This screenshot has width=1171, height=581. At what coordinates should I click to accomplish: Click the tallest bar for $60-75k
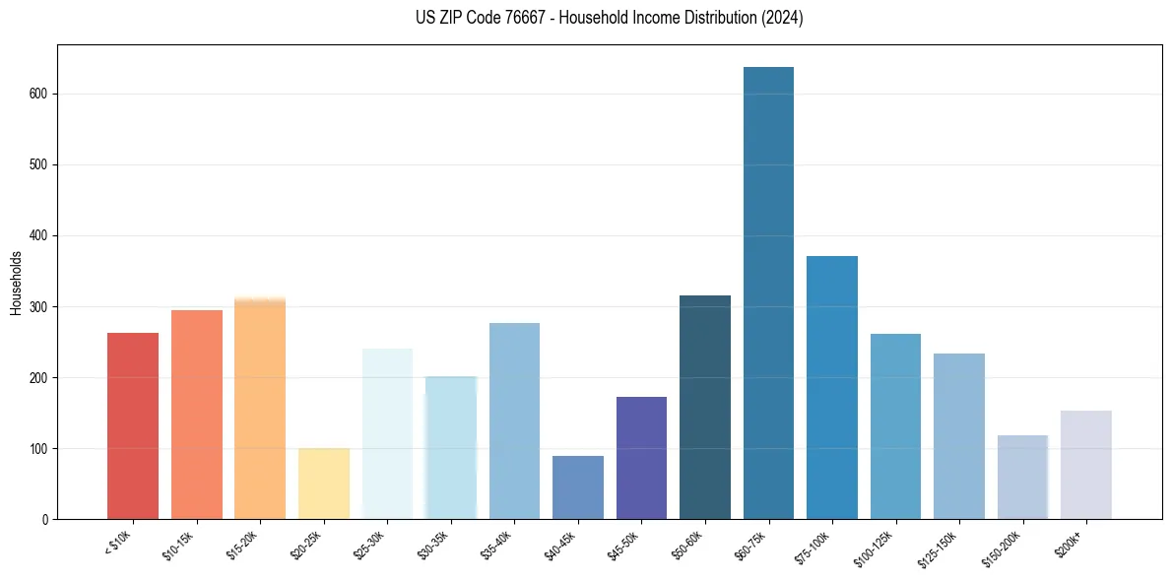pos(768,295)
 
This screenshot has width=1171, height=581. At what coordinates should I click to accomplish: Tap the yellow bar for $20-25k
pos(324,484)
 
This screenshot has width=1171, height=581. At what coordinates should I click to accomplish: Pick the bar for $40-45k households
pos(578,487)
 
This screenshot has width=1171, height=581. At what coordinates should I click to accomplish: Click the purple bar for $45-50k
pos(641,458)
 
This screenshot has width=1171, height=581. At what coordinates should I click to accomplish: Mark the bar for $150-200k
pos(1022,477)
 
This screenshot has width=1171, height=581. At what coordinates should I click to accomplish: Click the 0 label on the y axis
pos(45,520)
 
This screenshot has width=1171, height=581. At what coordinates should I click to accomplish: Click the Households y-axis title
pos(17,283)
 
